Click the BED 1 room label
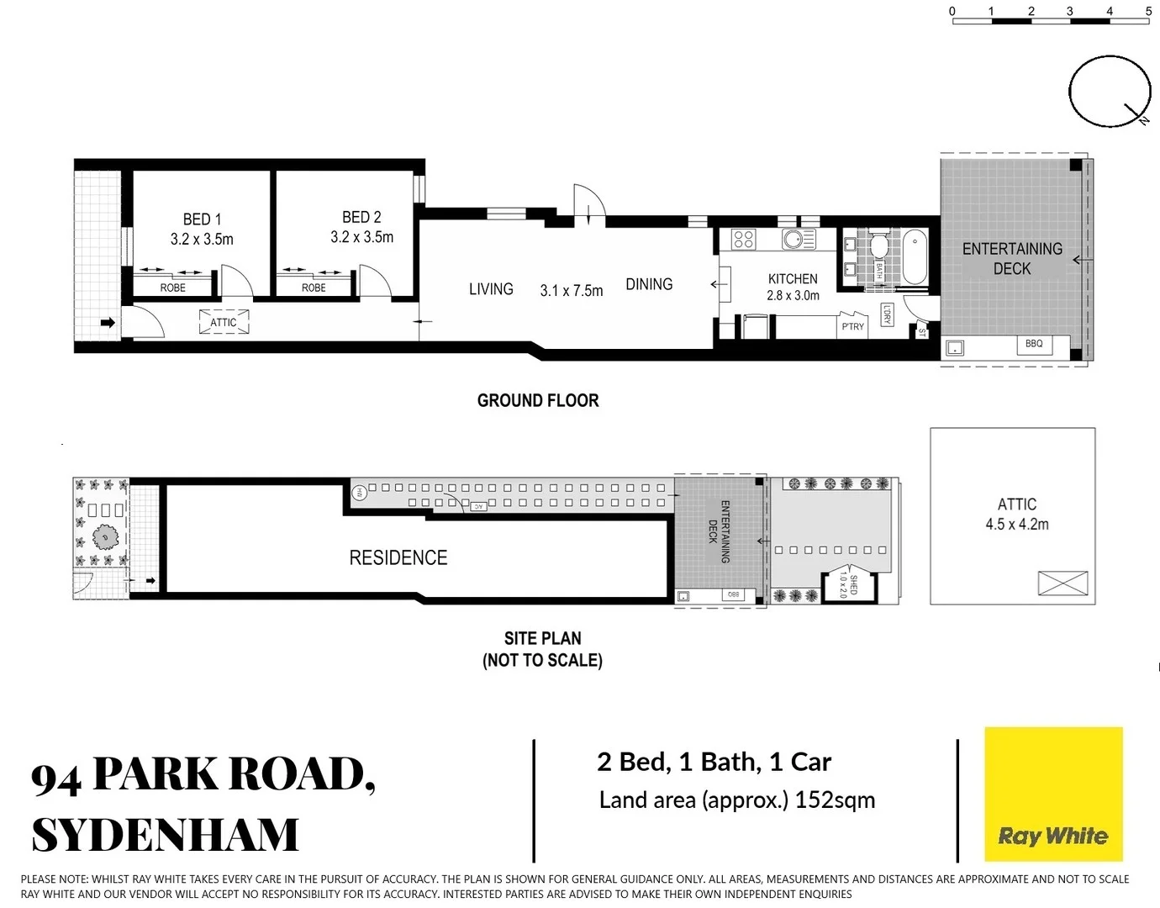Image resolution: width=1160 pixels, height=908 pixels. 202,219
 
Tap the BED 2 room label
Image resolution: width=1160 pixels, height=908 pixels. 361,218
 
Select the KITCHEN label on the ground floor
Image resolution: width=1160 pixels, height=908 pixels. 793,278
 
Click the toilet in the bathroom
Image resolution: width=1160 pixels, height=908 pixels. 878,246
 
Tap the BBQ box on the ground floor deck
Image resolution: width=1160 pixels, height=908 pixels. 1034,344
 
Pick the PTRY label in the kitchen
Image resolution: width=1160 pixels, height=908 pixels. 852,326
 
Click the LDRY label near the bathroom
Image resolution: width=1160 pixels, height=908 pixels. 887,314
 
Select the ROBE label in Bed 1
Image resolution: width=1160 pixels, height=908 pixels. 173,288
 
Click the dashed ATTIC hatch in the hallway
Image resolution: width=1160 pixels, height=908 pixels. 224,322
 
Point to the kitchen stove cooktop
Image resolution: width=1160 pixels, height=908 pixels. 744,240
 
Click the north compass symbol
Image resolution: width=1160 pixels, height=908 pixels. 1110,92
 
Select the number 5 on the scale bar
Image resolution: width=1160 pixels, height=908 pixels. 1148,11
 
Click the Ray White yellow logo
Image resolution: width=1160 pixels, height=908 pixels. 1053,794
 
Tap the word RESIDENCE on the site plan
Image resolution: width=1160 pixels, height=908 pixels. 398,557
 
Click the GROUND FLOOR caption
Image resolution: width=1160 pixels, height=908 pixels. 538,401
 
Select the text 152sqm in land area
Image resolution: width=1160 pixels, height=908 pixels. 835,800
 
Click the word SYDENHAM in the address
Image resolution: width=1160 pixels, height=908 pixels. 166,834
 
